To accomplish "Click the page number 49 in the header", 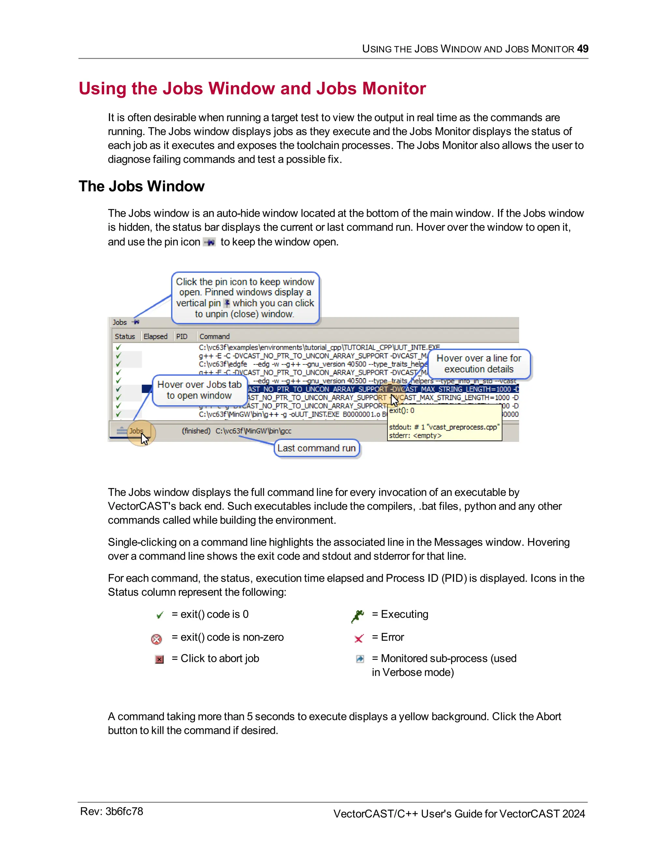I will pyautogui.click(x=582, y=49).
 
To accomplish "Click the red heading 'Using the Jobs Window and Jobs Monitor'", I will pyautogui.click(x=252, y=88).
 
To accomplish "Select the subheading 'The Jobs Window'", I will pyautogui.click(x=141, y=186).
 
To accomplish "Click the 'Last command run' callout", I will pyautogui.click(x=317, y=448).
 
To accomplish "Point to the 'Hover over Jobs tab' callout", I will pyautogui.click(x=200, y=390).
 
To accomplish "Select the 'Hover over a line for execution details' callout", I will pyautogui.click(x=478, y=364).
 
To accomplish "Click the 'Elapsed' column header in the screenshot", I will pyautogui.click(x=155, y=336).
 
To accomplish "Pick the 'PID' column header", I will pyautogui.click(x=182, y=336).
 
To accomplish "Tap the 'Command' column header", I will pyautogui.click(x=214, y=336).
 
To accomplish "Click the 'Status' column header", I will pyautogui.click(x=125, y=336).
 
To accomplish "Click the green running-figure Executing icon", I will pyautogui.click(x=358, y=616).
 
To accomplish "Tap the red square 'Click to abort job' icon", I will pyautogui.click(x=159, y=659).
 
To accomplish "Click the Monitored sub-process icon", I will pyautogui.click(x=360, y=659).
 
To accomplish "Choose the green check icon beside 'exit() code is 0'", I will pyautogui.click(x=160, y=615).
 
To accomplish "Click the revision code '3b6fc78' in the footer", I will pyautogui.click(x=124, y=812).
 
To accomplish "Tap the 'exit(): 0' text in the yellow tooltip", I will pyautogui.click(x=402, y=410).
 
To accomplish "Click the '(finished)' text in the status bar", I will pyautogui.click(x=196, y=431).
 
